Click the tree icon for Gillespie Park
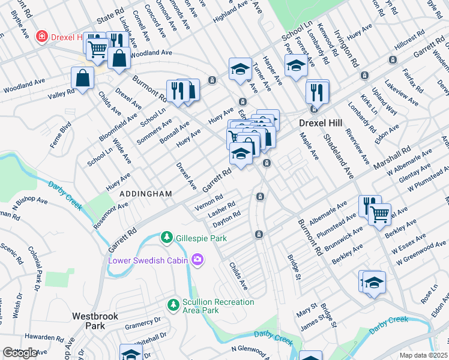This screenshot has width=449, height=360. pyautogui.click(x=167, y=238)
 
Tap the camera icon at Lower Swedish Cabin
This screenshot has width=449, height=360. pyautogui.click(x=197, y=260)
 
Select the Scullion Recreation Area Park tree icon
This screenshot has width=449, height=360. pyautogui.click(x=173, y=305)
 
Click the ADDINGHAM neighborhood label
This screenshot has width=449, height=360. pyautogui.click(x=146, y=194)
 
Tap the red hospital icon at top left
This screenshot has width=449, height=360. pyautogui.click(x=41, y=37)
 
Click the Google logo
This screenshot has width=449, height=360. pyautogui.click(x=20, y=353)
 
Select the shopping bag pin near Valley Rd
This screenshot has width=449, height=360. pyautogui.click(x=82, y=77)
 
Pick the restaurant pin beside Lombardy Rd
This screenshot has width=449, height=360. pyautogui.click(x=316, y=92)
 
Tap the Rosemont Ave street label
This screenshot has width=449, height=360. pyautogui.click(x=110, y=214)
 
